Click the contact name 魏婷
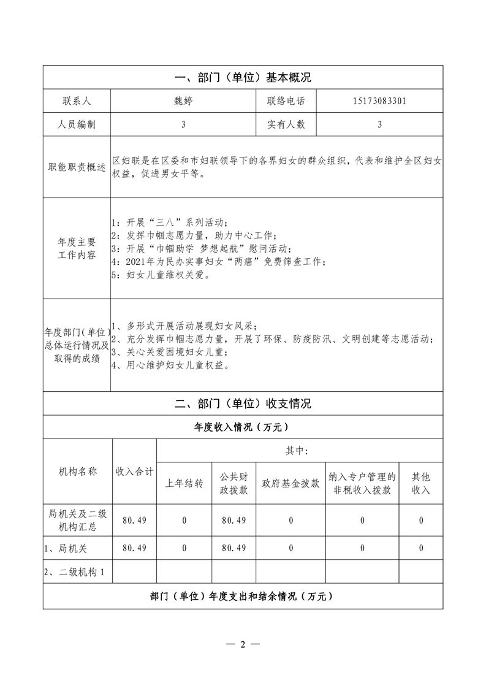click(x=183, y=101)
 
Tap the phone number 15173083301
click(x=380, y=101)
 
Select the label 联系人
click(x=77, y=101)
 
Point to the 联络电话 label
click(x=286, y=101)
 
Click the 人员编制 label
click(x=77, y=124)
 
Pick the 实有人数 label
click(x=286, y=124)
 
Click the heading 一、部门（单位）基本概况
click(x=243, y=78)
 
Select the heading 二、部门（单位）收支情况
click(x=243, y=403)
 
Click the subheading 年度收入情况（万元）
click(x=243, y=427)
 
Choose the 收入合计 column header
click(x=135, y=472)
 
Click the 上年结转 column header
click(x=184, y=483)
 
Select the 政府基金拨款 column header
click(x=290, y=483)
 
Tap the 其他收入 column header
click(x=421, y=483)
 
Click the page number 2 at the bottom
click(x=243, y=644)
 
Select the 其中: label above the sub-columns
click(x=297, y=451)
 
